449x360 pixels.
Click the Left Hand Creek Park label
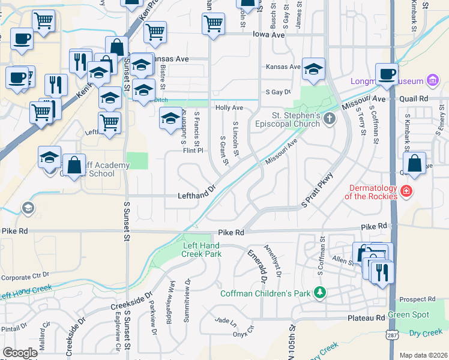202,250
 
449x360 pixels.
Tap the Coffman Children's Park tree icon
321,292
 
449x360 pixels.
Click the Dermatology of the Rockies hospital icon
406,191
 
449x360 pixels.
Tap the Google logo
20,353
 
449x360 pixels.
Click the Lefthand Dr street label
196,196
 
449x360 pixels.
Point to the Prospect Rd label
416,299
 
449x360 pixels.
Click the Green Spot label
408,315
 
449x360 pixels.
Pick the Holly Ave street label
229,107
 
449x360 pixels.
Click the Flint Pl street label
194,151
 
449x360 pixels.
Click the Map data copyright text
423,355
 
